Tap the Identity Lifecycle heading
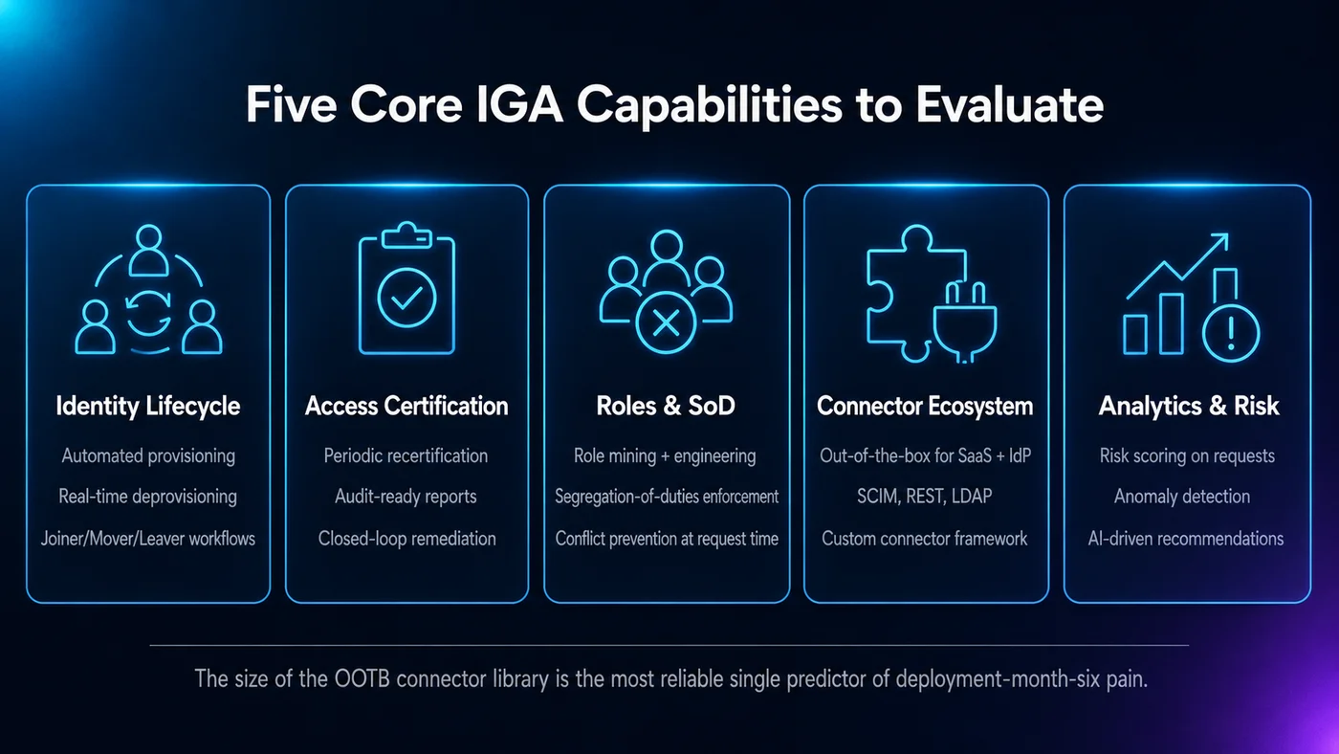(147, 407)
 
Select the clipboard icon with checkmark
(406, 288)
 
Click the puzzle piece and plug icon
(932, 294)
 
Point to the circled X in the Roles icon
(666, 322)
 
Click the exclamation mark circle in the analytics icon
(1231, 332)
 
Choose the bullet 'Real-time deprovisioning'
(147, 497)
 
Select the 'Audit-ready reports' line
(406, 497)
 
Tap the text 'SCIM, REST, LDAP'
(925, 497)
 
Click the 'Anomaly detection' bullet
(1182, 497)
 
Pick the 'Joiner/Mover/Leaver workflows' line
(147, 539)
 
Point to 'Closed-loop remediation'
(406, 539)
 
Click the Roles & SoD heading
(666, 406)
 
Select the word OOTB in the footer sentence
(362, 679)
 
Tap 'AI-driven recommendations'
(1185, 539)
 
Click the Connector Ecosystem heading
(925, 407)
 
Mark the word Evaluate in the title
(1010, 104)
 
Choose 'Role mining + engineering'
(665, 456)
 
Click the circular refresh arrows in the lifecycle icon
(148, 313)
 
